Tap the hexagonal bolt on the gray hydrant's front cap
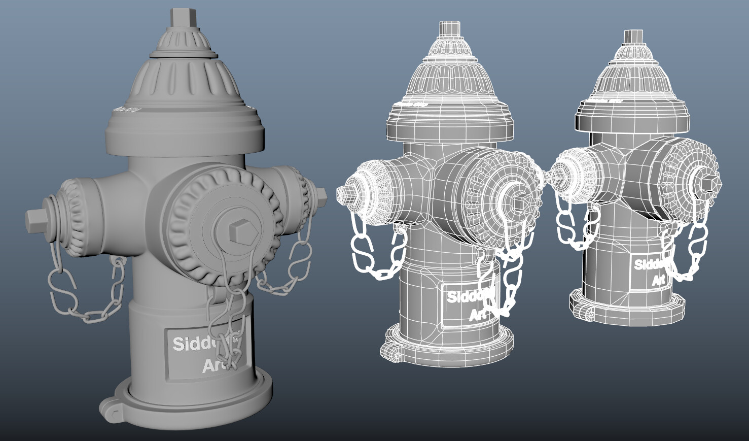pyautogui.click(x=238, y=232)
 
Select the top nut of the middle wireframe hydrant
pyautogui.click(x=449, y=28)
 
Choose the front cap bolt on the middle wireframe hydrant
pyautogui.click(x=516, y=202)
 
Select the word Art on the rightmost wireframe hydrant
pyautogui.click(x=658, y=280)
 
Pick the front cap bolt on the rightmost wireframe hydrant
pyautogui.click(x=703, y=177)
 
